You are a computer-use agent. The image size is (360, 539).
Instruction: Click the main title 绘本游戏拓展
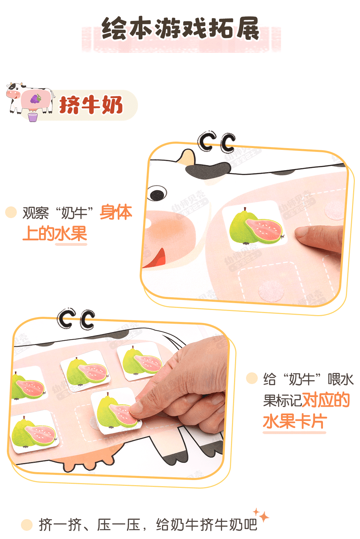(180, 28)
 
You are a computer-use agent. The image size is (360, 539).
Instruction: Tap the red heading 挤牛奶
(91, 105)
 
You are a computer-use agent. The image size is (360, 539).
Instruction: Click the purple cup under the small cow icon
(33, 117)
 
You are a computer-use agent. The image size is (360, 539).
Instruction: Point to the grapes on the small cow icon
(36, 99)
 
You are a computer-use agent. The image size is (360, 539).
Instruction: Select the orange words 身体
(116, 212)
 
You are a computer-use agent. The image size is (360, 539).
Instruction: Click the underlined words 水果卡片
(295, 422)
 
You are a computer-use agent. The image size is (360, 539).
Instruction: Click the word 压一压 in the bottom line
(119, 525)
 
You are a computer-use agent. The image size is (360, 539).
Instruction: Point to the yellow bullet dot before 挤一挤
(27, 525)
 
